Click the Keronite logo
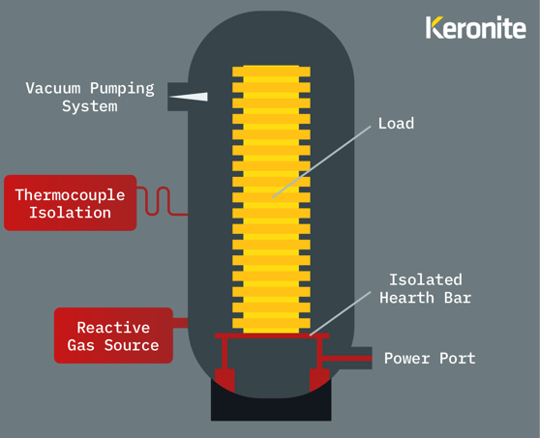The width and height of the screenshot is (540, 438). tap(475, 27)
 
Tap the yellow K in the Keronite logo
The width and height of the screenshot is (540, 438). tap(434, 27)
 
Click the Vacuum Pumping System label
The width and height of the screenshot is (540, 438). tap(90, 97)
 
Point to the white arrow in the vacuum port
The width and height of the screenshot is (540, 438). tap(189, 97)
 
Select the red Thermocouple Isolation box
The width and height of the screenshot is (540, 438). tap(71, 203)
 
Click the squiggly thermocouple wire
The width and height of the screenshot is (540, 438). tap(162, 201)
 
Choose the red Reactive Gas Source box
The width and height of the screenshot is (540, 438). tap(113, 336)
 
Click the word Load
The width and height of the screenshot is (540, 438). tap(396, 123)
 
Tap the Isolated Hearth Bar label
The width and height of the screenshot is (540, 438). tap(425, 289)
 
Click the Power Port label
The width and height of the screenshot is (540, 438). tap(430, 358)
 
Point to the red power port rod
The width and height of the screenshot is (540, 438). tap(346, 358)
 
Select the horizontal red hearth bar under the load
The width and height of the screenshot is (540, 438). tap(272, 336)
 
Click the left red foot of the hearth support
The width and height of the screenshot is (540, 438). tap(225, 380)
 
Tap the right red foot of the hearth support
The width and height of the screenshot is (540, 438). tap(319, 380)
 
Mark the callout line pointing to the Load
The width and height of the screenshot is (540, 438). tap(321, 161)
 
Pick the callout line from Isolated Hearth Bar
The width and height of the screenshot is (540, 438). tap(341, 313)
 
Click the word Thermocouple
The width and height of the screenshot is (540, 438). tap(71, 195)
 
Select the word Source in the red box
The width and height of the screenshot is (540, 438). tap(132, 345)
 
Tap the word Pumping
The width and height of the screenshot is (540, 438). tap(122, 89)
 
